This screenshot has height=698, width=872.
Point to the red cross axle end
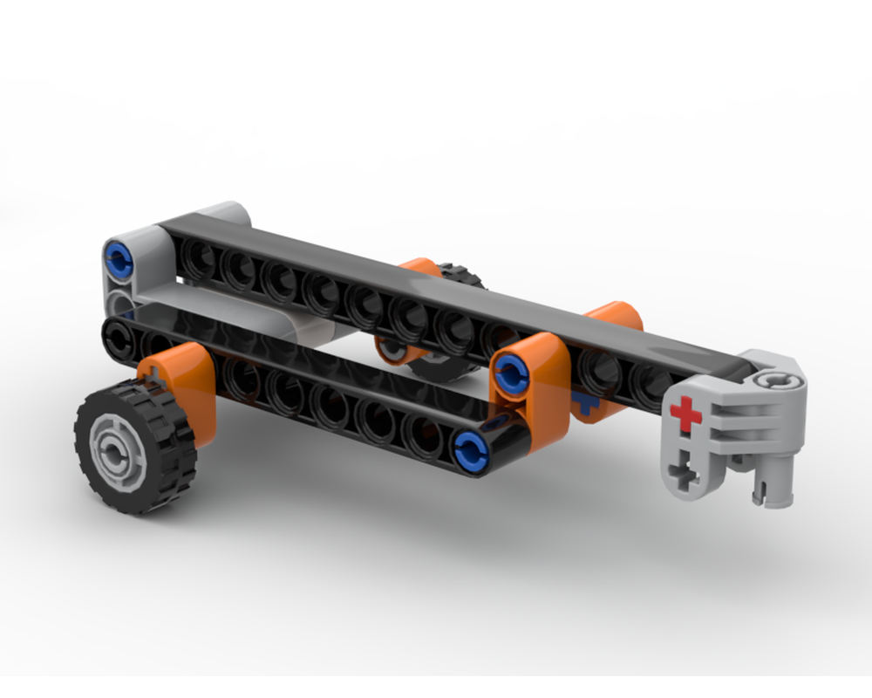pos(686,414)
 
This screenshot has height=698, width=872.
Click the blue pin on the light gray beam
pos(118,257)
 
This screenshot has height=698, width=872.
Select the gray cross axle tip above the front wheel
pos(154,379)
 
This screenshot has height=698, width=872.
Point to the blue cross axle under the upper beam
pos(582,402)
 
